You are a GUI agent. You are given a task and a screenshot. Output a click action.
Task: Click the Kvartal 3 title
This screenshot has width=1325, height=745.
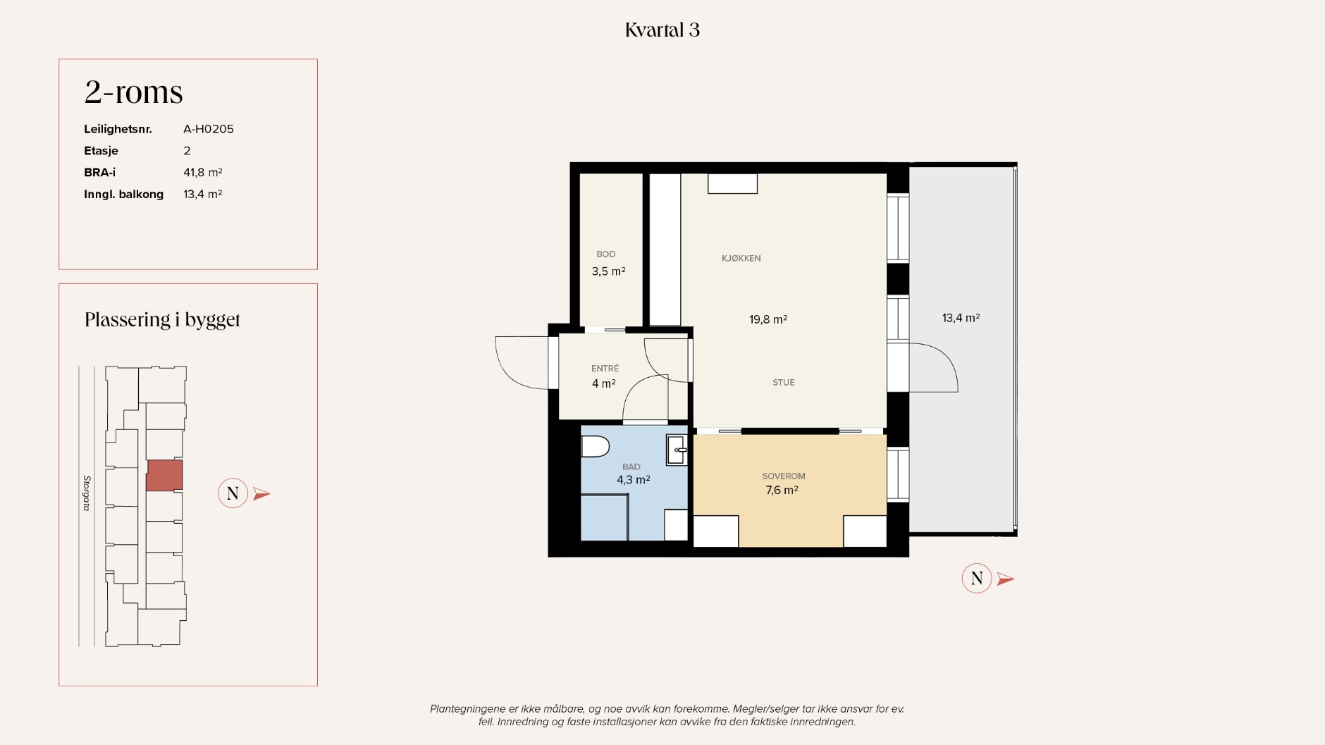662,30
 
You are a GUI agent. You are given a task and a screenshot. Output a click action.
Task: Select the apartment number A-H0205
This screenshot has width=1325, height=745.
209,129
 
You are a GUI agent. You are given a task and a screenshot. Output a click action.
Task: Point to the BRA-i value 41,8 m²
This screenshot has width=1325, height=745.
203,172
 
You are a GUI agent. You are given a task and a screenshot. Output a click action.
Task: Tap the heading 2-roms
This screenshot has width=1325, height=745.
134,92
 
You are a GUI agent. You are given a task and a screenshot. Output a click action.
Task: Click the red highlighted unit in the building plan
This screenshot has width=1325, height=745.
164,475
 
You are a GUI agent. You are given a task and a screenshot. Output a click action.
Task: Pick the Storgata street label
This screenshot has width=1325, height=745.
87,493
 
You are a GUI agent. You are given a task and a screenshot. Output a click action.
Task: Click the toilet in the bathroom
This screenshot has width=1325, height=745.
595,446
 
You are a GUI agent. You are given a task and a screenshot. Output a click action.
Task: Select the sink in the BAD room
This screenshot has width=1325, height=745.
677,450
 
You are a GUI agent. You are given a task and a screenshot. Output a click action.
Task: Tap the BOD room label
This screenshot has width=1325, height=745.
606,254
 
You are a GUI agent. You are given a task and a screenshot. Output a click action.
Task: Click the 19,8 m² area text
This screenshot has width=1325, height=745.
768,319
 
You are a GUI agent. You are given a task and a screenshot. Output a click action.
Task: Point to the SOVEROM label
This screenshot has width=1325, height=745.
784,476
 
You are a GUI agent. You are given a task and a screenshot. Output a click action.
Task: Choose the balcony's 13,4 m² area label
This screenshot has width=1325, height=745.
961,318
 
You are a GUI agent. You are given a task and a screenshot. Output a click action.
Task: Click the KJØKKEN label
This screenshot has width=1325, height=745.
741,259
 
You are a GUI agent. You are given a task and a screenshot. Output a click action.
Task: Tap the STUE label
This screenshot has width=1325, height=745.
784,383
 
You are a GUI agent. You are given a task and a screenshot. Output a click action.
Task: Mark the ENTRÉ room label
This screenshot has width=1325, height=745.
605,368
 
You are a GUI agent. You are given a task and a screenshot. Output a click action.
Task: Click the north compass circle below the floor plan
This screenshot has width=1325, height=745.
977,579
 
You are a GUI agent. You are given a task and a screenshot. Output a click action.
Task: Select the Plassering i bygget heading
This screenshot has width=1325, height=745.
163,320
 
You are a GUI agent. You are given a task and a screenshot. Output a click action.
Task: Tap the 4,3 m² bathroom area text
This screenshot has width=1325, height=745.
634,480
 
